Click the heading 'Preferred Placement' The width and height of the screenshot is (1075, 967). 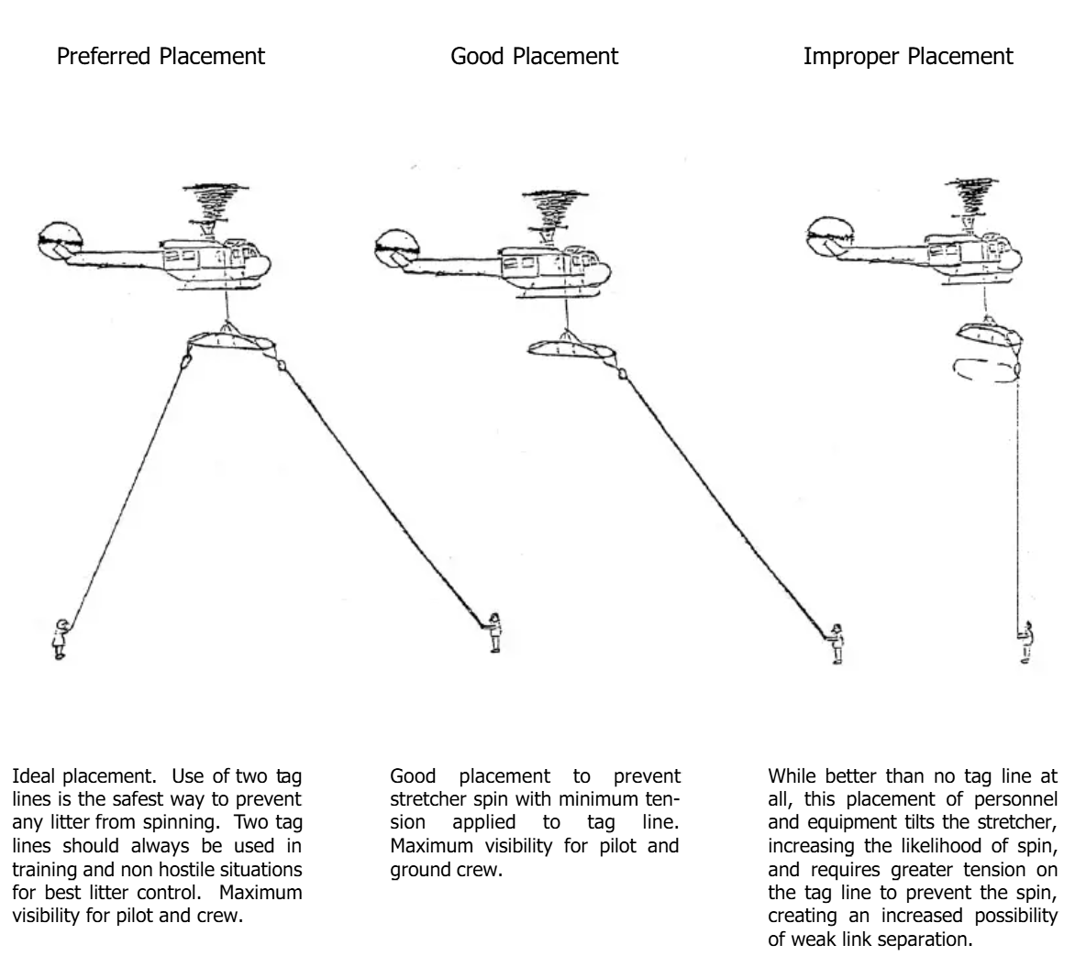161,56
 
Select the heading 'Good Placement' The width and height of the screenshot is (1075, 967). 534,56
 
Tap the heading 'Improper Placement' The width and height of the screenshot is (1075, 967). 908,56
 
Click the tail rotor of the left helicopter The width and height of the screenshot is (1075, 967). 61,241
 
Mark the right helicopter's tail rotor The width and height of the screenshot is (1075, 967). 829,236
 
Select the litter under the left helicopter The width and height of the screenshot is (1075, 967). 230,342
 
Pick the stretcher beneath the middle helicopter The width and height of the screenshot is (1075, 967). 569,347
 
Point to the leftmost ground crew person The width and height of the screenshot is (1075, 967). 61,639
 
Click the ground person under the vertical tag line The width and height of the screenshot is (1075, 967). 1025,643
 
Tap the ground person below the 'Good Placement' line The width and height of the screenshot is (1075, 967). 836,643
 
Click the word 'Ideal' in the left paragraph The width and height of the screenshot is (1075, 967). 34,776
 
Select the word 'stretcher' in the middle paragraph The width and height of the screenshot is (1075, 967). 428,800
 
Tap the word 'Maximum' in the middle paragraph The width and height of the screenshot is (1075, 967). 431,846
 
